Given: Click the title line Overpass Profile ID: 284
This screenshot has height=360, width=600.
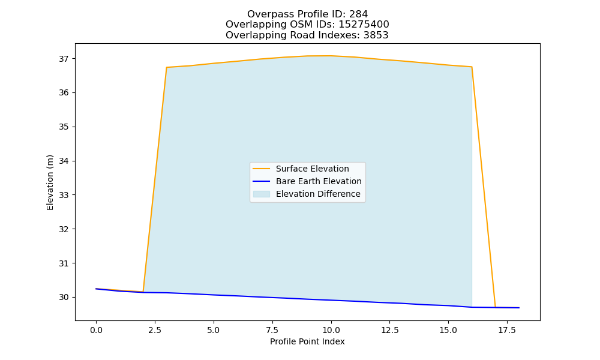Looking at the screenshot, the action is tap(307, 14).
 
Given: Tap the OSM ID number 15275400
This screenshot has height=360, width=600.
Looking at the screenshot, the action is tap(364, 25).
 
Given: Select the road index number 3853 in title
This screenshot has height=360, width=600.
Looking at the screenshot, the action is tap(377, 35).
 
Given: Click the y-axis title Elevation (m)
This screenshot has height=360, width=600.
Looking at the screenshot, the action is tap(50, 182).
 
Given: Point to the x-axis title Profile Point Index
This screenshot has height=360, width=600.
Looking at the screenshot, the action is tap(307, 341).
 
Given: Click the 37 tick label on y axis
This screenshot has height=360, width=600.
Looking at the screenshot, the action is tap(64, 59).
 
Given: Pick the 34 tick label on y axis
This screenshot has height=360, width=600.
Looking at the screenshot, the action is tap(64, 161).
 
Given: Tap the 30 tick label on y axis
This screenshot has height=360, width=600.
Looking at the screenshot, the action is tap(64, 297).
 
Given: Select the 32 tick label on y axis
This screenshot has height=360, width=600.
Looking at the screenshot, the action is tap(64, 229).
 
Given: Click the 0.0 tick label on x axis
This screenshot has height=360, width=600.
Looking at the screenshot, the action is tap(96, 330).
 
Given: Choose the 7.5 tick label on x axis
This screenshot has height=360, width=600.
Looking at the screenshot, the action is tap(272, 330).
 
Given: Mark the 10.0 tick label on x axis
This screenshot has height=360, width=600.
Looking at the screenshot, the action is tap(331, 330).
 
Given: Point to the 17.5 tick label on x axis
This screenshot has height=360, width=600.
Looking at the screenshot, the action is tap(507, 330).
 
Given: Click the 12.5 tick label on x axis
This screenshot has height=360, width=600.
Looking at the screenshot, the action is tap(389, 330).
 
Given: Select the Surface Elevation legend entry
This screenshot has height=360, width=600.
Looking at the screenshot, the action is tap(301, 169).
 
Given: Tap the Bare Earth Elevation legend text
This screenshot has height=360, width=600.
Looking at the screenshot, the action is tap(319, 181).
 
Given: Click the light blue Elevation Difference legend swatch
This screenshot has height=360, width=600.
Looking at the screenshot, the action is tap(262, 194).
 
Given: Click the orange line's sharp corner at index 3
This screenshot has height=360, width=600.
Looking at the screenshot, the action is tap(166, 67).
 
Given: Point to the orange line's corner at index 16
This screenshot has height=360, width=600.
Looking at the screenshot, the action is tap(472, 67).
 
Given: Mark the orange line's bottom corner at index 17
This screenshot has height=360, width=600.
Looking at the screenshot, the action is tap(495, 307).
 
